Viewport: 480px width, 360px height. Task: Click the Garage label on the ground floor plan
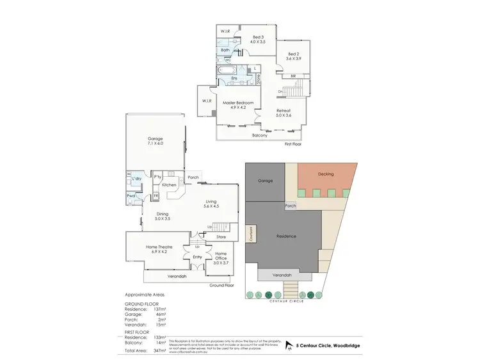pos(156,139)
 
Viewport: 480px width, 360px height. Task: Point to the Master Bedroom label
pos(238,103)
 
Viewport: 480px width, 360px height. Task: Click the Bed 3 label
pos(258,37)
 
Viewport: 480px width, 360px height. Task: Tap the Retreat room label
pos(284,111)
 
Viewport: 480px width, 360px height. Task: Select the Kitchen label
pos(169,185)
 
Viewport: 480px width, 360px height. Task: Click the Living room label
pos(211,202)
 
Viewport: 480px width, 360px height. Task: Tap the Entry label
pos(197,257)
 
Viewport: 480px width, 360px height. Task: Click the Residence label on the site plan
pos(286,236)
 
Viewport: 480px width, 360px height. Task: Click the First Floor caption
pos(292,144)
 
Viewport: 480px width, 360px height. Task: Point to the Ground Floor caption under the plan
pos(221,285)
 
